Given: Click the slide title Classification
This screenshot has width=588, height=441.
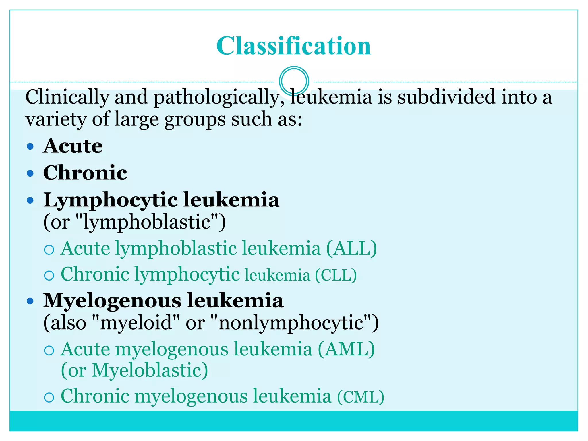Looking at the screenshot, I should (x=293, y=46).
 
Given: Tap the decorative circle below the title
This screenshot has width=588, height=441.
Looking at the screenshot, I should (x=294, y=81).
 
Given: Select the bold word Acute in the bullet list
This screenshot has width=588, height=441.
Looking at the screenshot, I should (x=73, y=146).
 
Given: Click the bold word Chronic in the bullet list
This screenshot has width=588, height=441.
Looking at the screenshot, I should (x=85, y=173).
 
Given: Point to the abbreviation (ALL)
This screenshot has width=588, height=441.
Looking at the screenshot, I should (x=351, y=248).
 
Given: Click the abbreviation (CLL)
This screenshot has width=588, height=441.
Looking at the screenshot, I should (x=336, y=275).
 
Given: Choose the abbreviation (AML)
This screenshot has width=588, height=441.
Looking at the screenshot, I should (x=346, y=349).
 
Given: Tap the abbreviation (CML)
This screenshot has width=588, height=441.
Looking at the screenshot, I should (x=361, y=397).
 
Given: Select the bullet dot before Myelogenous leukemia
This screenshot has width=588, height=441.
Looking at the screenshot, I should (x=30, y=301).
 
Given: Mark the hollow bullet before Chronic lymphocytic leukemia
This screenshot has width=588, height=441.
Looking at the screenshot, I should (x=49, y=276).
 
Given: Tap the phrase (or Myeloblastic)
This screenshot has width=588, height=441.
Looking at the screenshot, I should (x=134, y=370).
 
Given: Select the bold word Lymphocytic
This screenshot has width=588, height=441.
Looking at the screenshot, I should (x=111, y=200).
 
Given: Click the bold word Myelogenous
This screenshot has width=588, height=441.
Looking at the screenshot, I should (x=112, y=301).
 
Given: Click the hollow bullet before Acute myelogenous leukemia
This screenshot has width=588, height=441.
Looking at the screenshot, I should (x=49, y=350).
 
